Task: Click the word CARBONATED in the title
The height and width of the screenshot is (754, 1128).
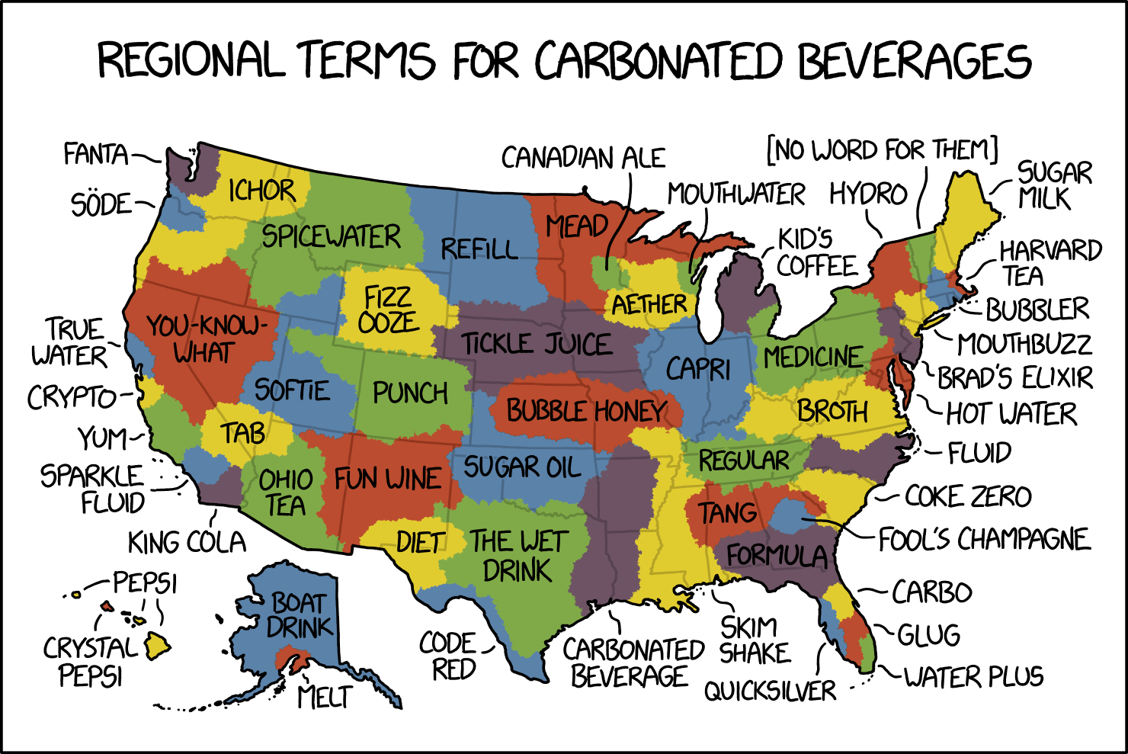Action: tap(657, 61)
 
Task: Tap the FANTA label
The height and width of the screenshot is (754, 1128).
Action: tap(95, 155)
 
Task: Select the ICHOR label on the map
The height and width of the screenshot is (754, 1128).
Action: tap(261, 191)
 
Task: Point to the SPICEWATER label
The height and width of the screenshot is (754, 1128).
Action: tap(331, 237)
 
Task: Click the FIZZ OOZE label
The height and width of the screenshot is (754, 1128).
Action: tap(389, 310)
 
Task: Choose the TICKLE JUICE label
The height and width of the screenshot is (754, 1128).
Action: tap(536, 344)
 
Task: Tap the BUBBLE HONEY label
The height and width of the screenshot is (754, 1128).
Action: tap(586, 411)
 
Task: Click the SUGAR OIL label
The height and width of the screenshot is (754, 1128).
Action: tap(522, 467)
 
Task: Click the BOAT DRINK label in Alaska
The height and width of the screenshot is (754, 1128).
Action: tap(300, 615)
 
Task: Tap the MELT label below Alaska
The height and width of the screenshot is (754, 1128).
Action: tap(325, 696)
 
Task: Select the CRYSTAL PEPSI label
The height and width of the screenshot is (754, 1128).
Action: tap(90, 662)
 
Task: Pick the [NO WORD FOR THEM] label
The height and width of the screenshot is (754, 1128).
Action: tap(882, 150)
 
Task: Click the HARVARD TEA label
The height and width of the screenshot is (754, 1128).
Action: tap(1049, 262)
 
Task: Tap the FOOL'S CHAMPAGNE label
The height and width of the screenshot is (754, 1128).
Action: tap(984, 540)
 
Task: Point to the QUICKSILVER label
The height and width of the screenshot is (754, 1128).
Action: tap(770, 691)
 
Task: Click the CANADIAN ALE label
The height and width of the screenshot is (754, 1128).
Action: tap(583, 158)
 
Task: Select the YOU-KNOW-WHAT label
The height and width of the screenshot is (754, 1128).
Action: tap(203, 339)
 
